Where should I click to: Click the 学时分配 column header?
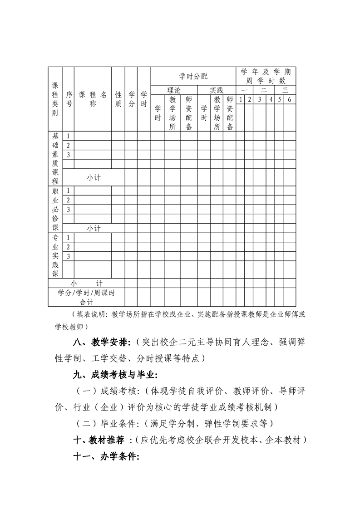pyautogui.click(x=193, y=76)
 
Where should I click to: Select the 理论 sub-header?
pyautogui.click(x=174, y=90)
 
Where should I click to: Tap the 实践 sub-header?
pyautogui.click(x=217, y=90)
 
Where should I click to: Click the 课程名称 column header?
pyautogui.click(x=93, y=99)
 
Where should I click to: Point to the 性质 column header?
pyautogui.click(x=118, y=99)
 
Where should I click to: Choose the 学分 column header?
pyautogui.click(x=131, y=99)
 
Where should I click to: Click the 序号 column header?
pyautogui.click(x=69, y=99)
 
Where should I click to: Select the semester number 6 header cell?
pyautogui.click(x=289, y=99)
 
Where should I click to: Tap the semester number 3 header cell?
pyautogui.click(x=260, y=99)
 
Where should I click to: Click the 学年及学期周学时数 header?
pyautogui.click(x=266, y=76)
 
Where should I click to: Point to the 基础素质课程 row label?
pyautogui.click(x=55, y=158)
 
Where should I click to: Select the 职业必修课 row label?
pyautogui.click(x=55, y=209)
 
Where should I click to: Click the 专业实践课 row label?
pyautogui.click(x=55, y=256)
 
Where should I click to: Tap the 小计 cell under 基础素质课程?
pyautogui.click(x=94, y=178)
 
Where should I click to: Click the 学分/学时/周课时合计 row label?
pyautogui.click(x=86, y=297)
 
